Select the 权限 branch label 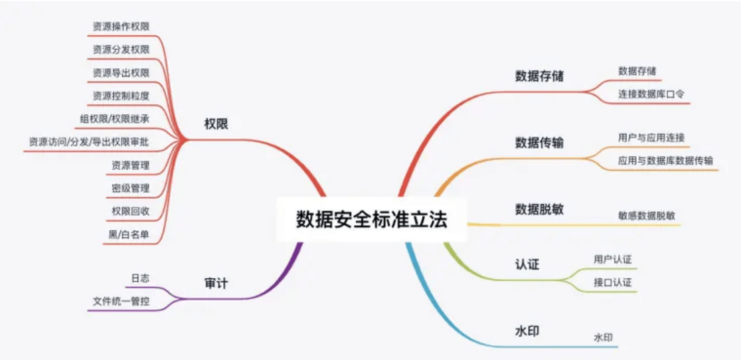(216, 124)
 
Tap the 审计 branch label (216, 284)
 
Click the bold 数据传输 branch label (539, 142)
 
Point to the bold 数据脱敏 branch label (539, 209)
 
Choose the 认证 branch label (527, 264)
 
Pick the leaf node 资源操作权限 (121, 27)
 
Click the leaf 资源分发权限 (121, 50)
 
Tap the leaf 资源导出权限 (121, 72)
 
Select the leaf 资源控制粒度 (121, 95)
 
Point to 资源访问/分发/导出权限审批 (89, 141)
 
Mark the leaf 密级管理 (130, 188)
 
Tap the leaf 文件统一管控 (121, 302)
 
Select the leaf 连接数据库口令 (651, 94)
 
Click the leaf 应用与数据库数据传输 (665, 160)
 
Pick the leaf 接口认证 (612, 282)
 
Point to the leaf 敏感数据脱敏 (647, 215)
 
